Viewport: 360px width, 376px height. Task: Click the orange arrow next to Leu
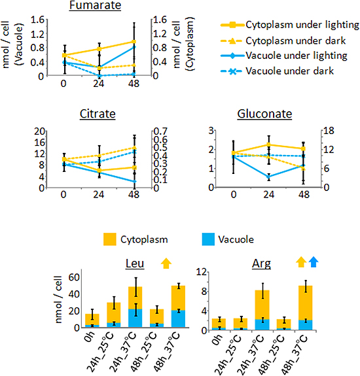166,263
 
